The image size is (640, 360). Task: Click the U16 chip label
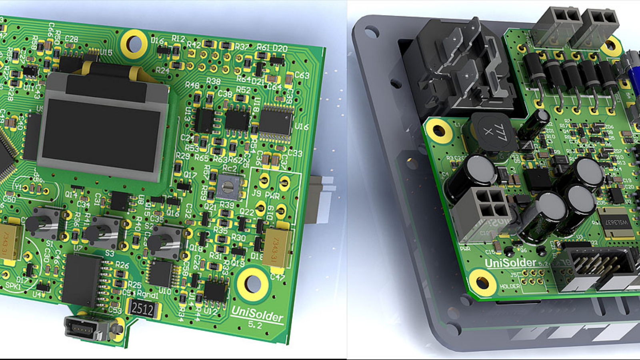(x=302, y=127)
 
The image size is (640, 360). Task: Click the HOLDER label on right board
(x=510, y=286)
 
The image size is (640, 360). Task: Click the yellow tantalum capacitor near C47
(x=276, y=247)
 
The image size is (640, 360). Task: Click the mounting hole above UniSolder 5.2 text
(x=252, y=284)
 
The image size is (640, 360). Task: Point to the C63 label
(x=302, y=75)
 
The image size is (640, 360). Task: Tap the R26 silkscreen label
(x=122, y=265)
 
